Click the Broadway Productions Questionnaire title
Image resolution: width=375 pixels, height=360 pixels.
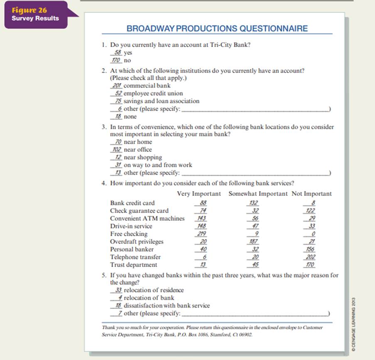217,29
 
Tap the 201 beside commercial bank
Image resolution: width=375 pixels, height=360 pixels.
117,86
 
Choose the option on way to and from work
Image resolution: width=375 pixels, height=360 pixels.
158,165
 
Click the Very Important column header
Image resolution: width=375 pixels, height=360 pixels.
199,194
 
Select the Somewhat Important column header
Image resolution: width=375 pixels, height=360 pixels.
258,194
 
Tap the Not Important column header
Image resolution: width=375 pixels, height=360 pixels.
311,194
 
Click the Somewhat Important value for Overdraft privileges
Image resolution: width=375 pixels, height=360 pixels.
253,242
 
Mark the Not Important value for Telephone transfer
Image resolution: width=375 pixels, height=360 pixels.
309,257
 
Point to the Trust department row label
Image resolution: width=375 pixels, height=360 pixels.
133,265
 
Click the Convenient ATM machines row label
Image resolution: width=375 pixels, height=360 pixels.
147,218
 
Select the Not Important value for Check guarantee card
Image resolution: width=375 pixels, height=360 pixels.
309,211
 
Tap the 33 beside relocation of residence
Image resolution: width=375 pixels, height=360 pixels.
118,290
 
